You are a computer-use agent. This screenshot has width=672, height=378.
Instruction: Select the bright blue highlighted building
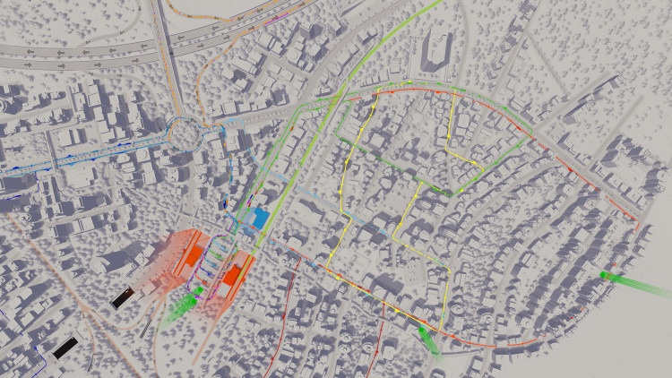click(260, 217)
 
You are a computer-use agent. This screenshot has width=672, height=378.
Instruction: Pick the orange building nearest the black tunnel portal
click(193, 254)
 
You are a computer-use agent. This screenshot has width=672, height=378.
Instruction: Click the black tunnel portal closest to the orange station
click(121, 299)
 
